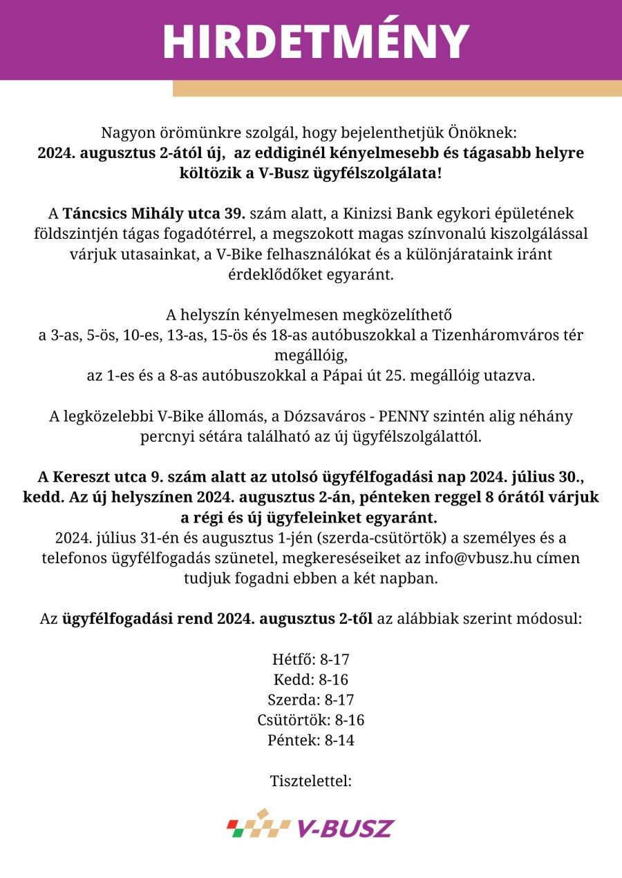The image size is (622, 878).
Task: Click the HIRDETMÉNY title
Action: [316, 41]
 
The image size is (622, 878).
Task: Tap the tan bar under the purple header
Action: [397, 88]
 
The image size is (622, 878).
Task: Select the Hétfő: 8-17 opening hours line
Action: [311, 658]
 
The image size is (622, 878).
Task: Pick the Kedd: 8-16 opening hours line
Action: [311, 679]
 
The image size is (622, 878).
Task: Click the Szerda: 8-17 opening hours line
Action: [311, 699]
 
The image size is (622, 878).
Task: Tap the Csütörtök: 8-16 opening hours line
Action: [311, 720]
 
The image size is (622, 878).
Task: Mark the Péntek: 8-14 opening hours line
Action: [311, 741]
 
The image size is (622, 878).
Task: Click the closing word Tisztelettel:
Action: [311, 781]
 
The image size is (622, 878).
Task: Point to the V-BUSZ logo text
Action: [346, 828]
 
